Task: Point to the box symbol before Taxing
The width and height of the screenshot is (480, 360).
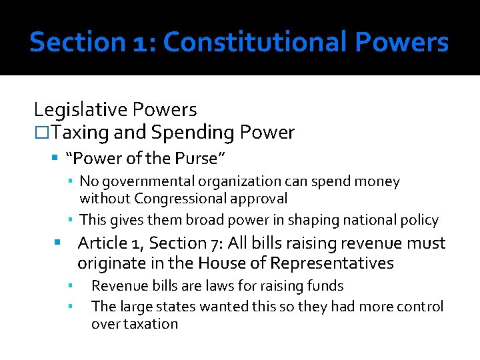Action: [x=41, y=133]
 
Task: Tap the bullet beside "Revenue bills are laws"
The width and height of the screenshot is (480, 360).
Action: [x=69, y=286]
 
